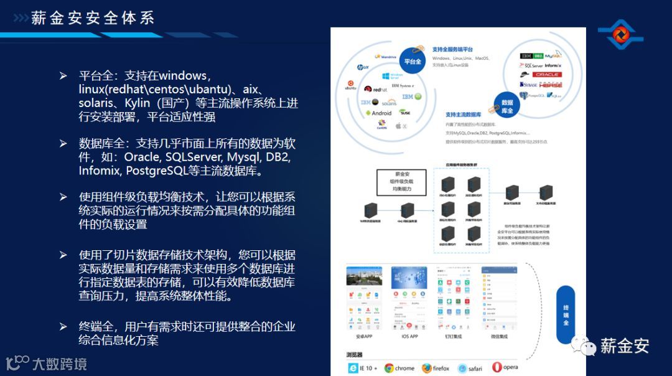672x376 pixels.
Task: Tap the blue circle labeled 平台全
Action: [413, 62]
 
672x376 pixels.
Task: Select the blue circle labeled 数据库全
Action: [506, 106]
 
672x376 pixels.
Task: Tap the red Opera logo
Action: [497, 367]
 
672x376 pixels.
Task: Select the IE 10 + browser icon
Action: [352, 368]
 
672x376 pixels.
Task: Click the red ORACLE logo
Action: [547, 75]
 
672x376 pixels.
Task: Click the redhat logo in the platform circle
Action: [376, 89]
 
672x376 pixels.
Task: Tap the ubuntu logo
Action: [351, 85]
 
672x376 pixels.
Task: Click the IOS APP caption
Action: [409, 336]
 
